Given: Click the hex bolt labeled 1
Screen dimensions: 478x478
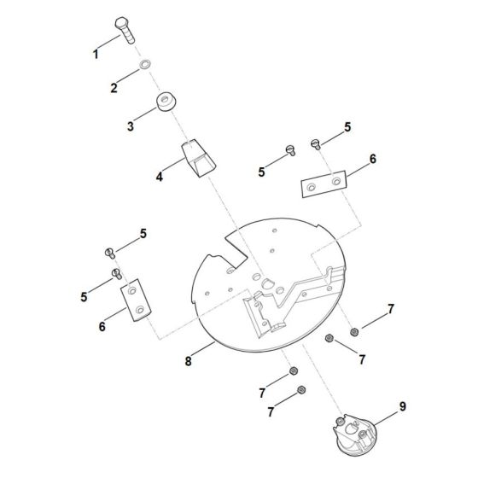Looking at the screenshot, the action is click(x=125, y=30).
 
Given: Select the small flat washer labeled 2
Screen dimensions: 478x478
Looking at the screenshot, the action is click(x=145, y=65).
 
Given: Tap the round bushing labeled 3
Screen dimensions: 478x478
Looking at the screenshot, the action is click(x=166, y=102).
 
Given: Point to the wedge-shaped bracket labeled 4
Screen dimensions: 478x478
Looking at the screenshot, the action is click(x=198, y=158).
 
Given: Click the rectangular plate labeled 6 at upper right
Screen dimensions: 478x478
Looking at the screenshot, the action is click(x=324, y=184).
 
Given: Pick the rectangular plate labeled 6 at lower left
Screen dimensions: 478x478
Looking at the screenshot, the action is click(x=136, y=300).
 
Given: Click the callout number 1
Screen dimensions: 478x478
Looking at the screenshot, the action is click(x=96, y=55).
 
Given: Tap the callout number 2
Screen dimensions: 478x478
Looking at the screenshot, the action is click(x=114, y=88).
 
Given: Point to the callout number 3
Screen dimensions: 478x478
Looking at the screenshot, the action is click(x=131, y=126).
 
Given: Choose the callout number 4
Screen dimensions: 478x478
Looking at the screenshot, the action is click(x=160, y=177).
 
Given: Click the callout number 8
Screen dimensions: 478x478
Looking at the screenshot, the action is click(x=188, y=361).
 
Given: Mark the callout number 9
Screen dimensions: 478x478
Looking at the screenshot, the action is click(x=403, y=406).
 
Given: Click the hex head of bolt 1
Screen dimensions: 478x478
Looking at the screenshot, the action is click(x=122, y=23).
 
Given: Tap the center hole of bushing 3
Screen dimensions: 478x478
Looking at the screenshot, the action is click(x=164, y=99).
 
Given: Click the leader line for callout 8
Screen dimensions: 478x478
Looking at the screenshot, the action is click(x=203, y=349).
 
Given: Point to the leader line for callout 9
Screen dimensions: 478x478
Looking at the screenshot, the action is click(x=386, y=418).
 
